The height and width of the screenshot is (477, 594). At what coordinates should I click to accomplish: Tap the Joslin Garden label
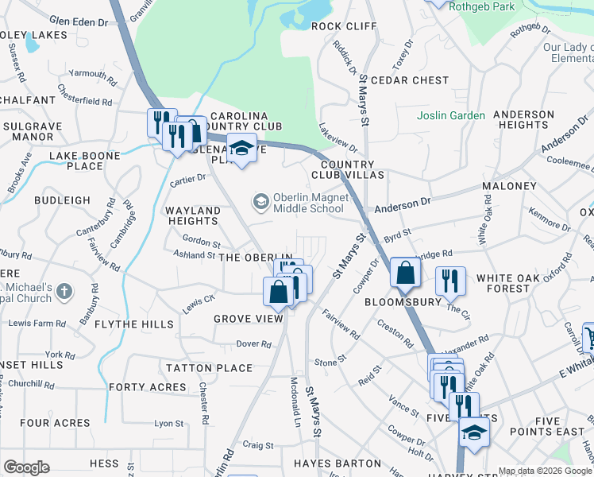(451, 115)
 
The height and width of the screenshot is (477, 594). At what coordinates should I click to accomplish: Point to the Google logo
(26, 467)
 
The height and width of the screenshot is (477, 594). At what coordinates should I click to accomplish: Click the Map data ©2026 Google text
(545, 471)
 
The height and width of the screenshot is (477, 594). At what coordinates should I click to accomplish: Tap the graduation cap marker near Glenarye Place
(241, 149)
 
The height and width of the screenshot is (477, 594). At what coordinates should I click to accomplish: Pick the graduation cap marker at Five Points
(474, 432)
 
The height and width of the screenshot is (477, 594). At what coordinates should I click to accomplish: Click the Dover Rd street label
(253, 344)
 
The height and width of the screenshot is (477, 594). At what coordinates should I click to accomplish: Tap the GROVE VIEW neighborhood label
(248, 319)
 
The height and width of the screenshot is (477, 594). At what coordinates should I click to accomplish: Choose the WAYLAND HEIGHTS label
(192, 215)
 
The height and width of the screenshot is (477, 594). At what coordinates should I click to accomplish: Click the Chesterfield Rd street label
(85, 102)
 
